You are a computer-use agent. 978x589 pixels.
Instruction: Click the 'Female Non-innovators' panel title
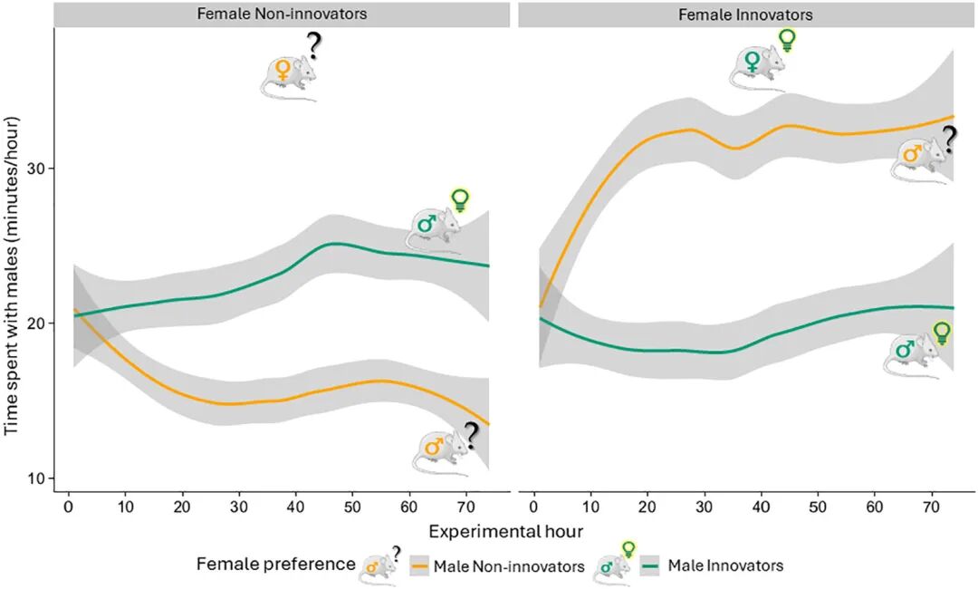(282, 14)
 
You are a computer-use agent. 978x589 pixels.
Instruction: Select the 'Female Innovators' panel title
(745, 14)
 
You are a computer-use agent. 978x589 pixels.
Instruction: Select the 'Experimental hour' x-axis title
(506, 532)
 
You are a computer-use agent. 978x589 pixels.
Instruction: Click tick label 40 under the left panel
(295, 507)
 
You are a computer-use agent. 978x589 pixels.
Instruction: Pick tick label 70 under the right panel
(931, 507)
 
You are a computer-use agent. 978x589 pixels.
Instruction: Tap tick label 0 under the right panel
(534, 507)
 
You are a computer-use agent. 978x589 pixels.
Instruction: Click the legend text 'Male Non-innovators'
(509, 566)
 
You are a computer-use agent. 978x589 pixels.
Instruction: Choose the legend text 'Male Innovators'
(725, 566)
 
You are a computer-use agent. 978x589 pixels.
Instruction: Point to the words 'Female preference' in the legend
(275, 564)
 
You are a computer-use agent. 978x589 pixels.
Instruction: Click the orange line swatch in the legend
(420, 566)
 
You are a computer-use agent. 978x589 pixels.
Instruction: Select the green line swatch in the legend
(650, 566)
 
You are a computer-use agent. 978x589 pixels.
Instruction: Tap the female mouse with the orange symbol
(287, 77)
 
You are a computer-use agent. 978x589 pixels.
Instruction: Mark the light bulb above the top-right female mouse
(787, 40)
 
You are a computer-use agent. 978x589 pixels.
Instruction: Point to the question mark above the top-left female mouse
(313, 46)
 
